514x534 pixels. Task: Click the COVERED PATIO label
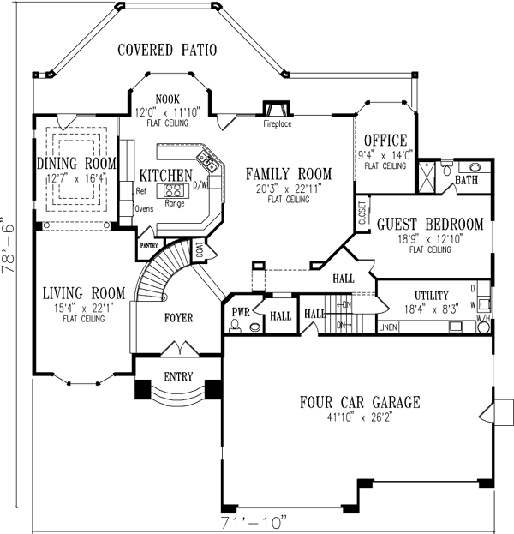click(x=167, y=50)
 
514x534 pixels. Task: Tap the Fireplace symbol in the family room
click(x=277, y=110)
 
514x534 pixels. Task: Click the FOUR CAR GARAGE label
click(x=359, y=401)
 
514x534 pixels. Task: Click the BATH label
click(x=467, y=181)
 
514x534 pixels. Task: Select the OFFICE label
click(x=385, y=141)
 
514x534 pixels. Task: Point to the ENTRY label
click(x=178, y=377)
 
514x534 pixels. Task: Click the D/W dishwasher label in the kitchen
click(x=202, y=184)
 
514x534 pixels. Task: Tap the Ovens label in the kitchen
click(x=143, y=207)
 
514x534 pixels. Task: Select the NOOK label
click(x=167, y=99)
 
